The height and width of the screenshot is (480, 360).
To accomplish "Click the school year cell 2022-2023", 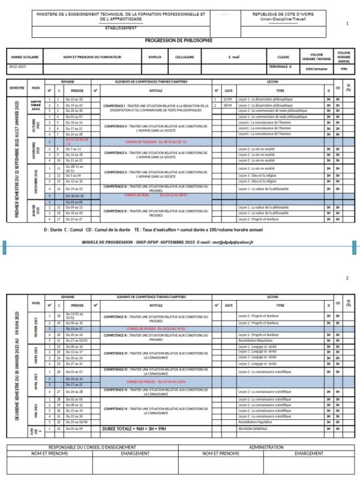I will pos(19,67).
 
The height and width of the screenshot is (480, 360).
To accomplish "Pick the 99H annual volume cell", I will pos(343,68).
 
